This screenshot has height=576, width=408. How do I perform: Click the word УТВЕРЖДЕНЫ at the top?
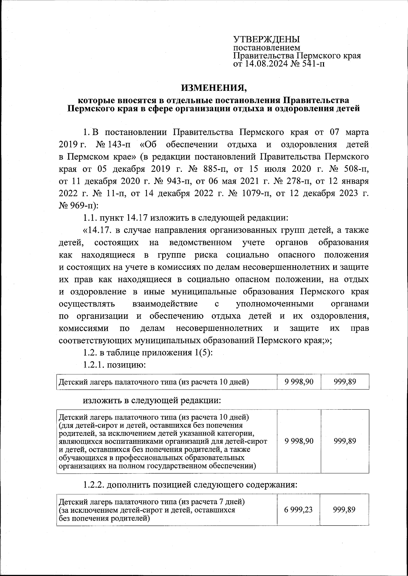pyautogui.click(x=266, y=40)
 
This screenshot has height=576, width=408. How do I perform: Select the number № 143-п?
pyautogui.click(x=113, y=144)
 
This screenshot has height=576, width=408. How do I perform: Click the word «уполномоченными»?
pyautogui.click(x=275, y=303)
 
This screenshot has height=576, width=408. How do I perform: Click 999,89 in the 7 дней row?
pyautogui.click(x=345, y=509)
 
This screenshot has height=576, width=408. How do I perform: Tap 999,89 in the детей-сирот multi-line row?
pyautogui.click(x=345, y=441)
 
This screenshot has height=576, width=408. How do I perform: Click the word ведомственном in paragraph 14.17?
pyautogui.click(x=200, y=243)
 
